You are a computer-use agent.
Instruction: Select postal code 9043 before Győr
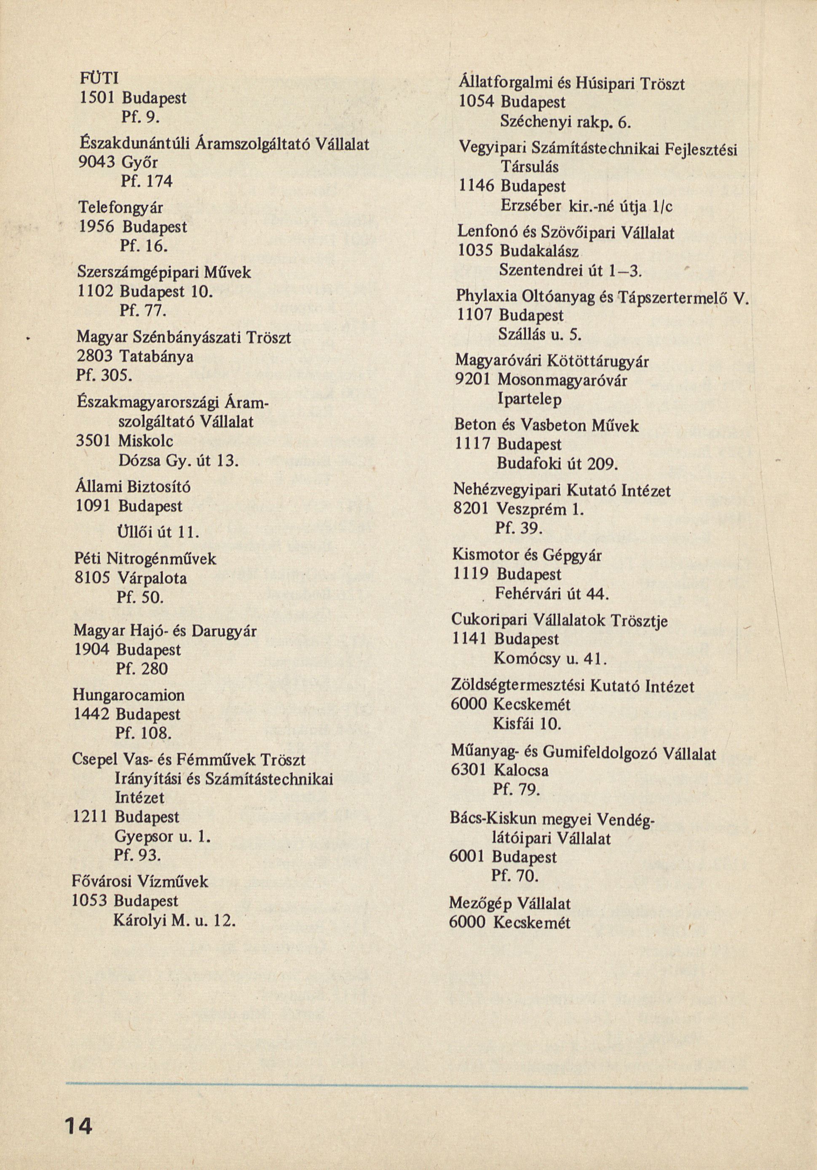(96, 162)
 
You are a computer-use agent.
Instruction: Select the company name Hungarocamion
(129, 695)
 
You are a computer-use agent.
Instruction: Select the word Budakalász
(539, 252)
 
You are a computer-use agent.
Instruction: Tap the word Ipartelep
(530, 400)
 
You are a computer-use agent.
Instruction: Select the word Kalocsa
(520, 770)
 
